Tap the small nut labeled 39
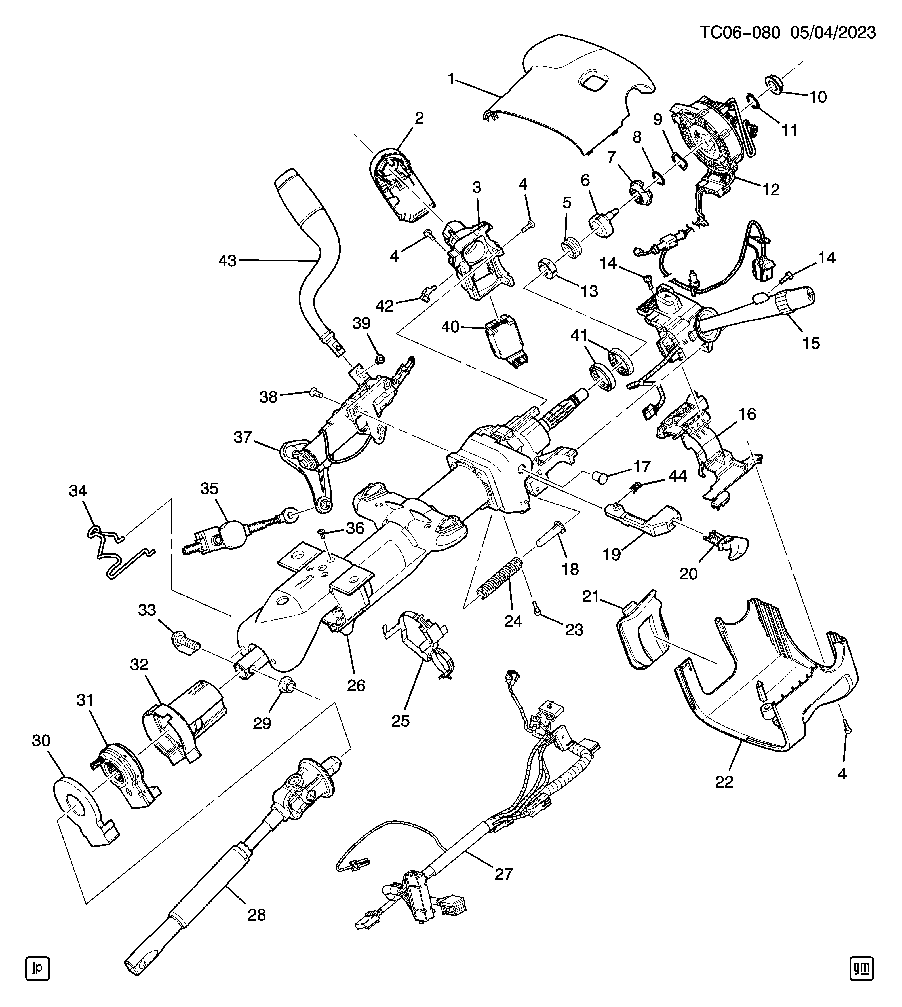coord(380,359)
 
